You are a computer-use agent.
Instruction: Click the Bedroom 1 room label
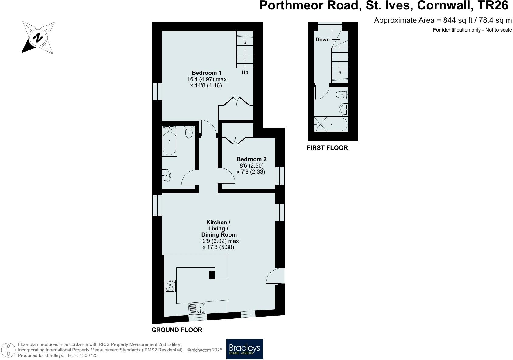207,73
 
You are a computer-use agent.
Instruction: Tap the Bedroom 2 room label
251,159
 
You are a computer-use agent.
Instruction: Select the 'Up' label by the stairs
245,72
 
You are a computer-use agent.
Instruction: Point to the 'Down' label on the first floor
322,40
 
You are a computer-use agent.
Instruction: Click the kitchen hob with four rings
170,286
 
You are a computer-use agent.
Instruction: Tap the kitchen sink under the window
197,309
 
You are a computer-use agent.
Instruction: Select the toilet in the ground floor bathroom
189,132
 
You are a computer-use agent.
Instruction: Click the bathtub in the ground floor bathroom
169,141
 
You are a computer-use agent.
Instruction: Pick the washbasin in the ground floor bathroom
166,175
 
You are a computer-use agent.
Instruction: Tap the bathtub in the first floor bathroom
331,124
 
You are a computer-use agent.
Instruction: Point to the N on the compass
38,38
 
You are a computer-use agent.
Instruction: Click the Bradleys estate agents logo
244,349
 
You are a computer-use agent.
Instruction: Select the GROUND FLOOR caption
177,330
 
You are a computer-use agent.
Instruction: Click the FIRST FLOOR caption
327,148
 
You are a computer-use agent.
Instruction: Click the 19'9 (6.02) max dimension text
219,241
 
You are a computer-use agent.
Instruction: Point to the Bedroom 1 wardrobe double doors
236,102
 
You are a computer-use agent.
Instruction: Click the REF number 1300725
88,355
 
